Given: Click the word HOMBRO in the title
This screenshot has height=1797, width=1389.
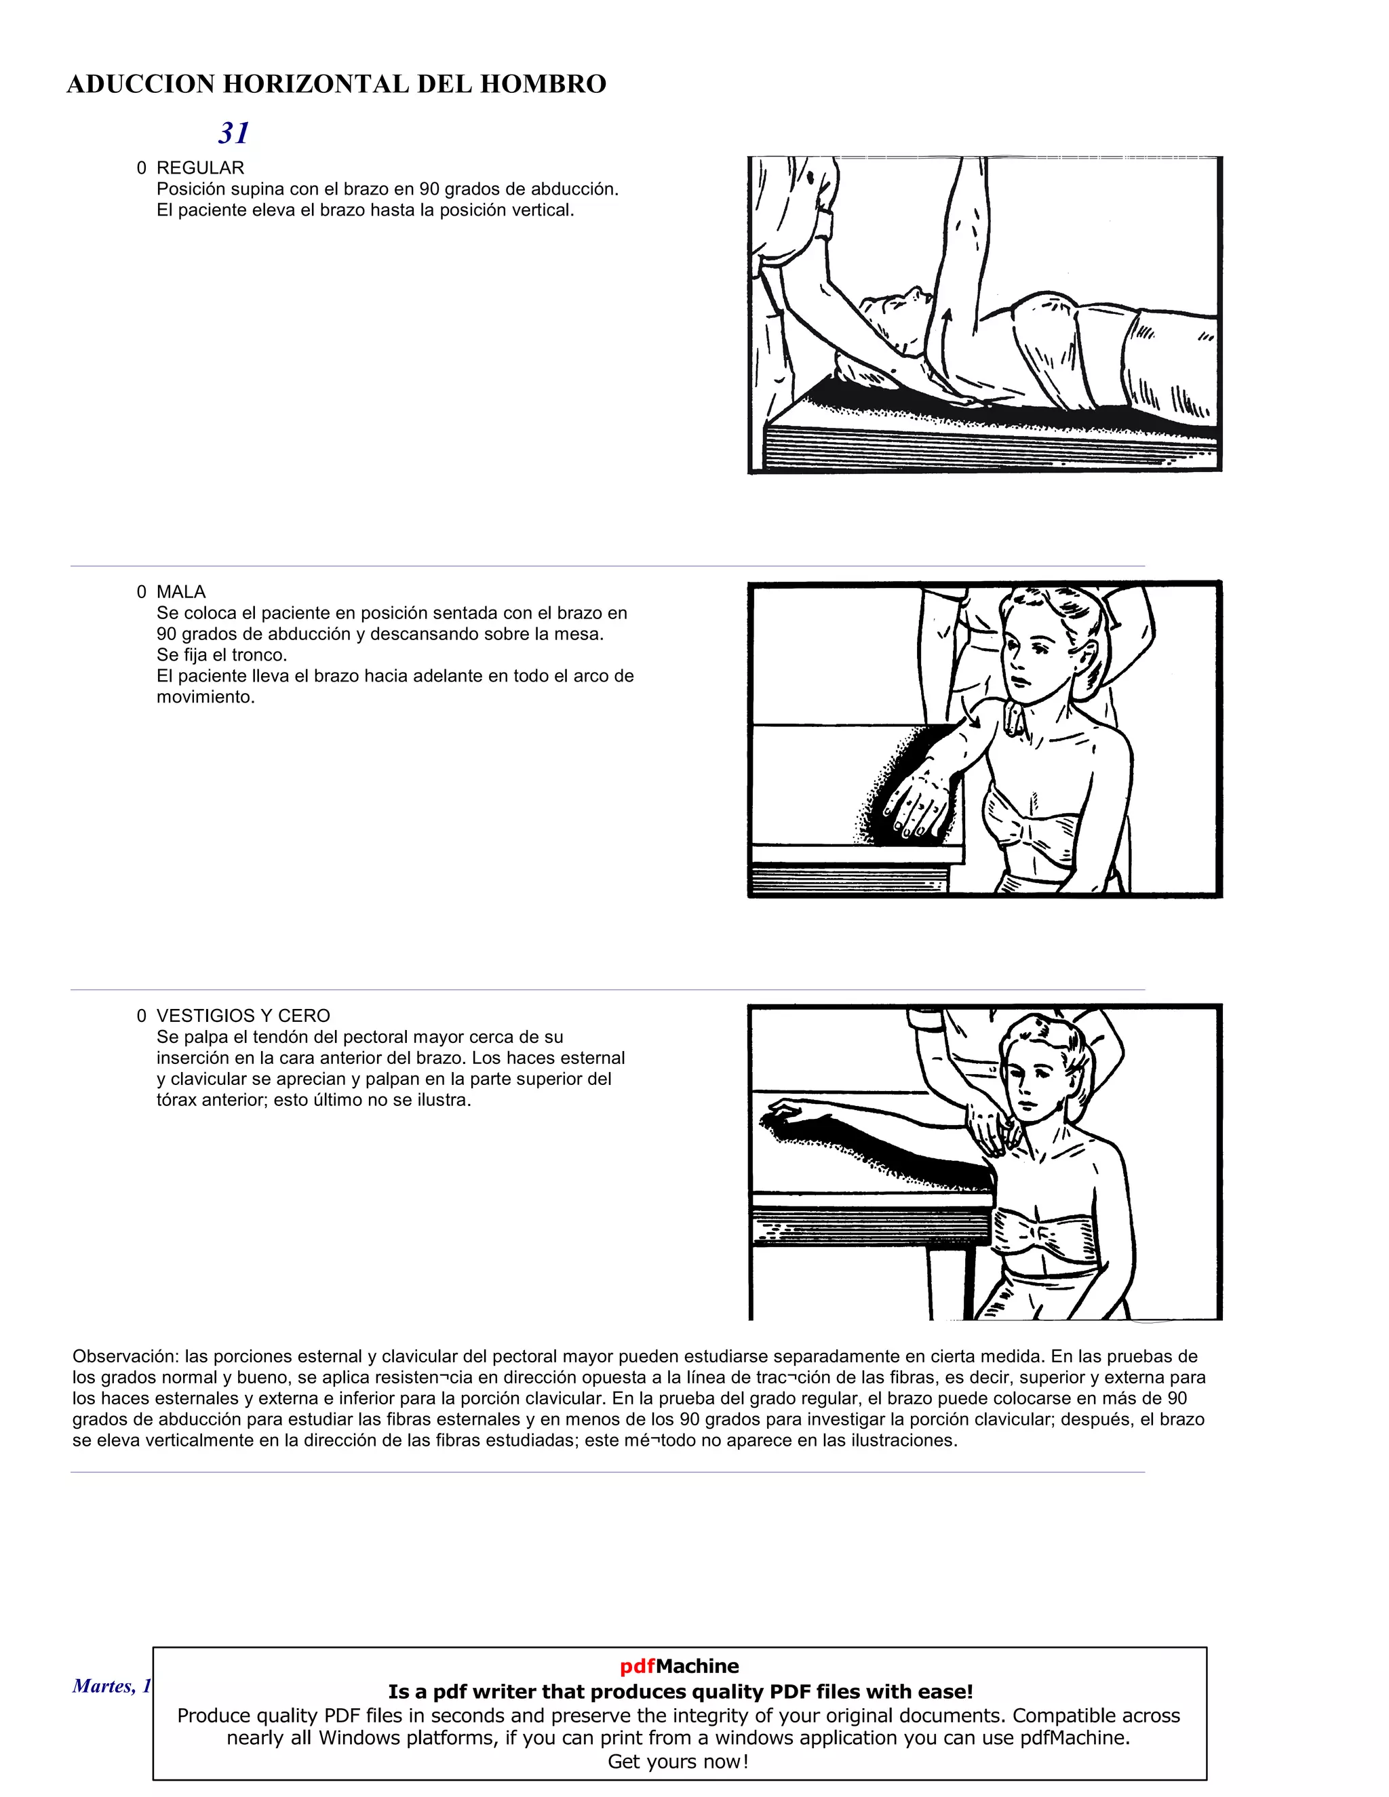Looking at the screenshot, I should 543,84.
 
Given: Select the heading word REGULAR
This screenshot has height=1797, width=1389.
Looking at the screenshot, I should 200,168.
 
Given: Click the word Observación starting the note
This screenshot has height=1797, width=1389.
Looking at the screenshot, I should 125,1356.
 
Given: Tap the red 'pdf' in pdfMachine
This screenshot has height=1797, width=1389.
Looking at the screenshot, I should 637,1666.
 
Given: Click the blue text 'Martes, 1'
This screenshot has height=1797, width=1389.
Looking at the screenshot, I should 112,1686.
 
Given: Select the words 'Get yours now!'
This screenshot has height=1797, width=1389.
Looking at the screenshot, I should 678,1762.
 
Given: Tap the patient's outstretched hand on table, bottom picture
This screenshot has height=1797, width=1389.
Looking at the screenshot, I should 782,1111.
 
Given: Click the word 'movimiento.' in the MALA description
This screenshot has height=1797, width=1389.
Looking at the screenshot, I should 206,697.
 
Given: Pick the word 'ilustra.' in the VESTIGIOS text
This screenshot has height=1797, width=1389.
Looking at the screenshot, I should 444,1100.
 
